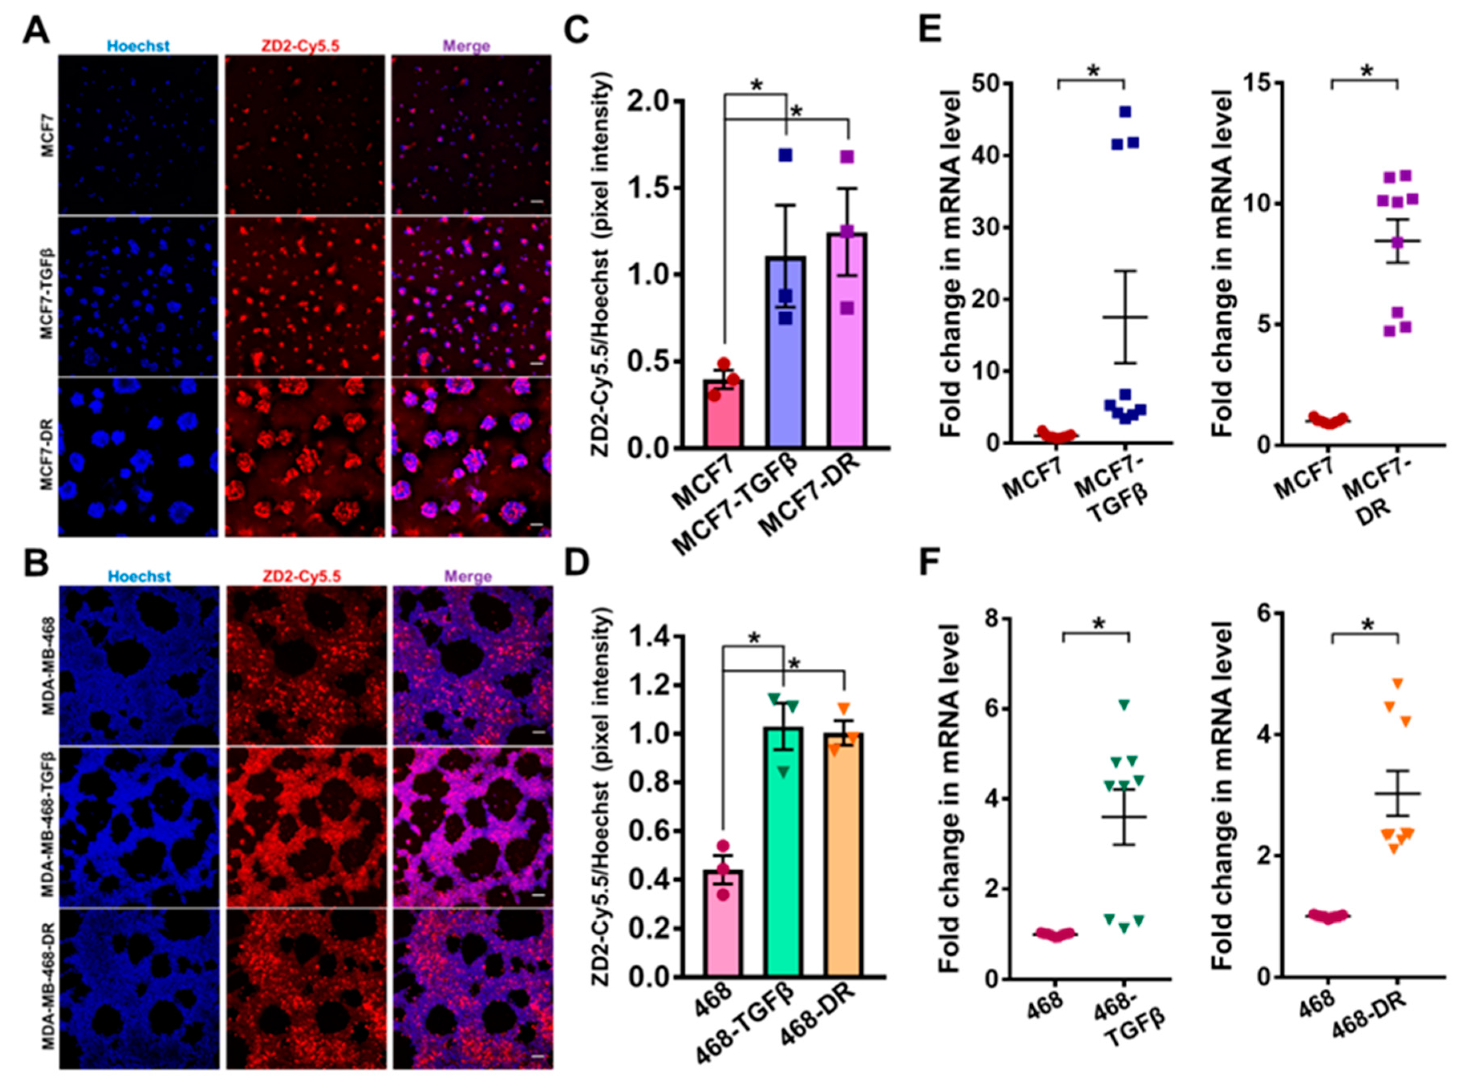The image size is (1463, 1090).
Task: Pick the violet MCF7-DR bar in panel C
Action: (847, 343)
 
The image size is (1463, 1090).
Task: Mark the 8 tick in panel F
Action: (990, 619)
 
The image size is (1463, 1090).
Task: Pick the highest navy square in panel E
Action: (1126, 112)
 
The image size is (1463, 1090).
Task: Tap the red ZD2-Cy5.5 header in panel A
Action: (304, 46)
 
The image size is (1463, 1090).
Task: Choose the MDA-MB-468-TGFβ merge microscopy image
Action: (472, 827)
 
